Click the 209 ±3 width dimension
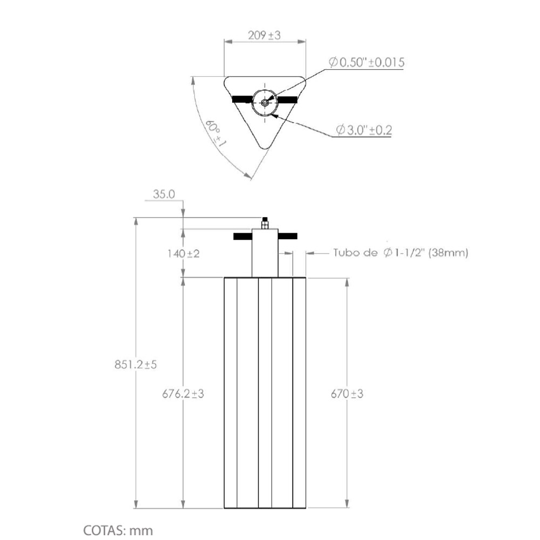click(x=264, y=36)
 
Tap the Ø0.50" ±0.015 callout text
click(x=367, y=62)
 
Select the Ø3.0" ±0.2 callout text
click(x=364, y=130)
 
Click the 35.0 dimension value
click(x=164, y=194)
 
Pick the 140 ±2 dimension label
click(x=184, y=254)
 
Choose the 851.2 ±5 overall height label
click(x=136, y=364)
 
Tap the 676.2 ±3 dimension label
click(x=183, y=394)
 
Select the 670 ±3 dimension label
click(x=347, y=394)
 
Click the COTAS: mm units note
click(x=118, y=530)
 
